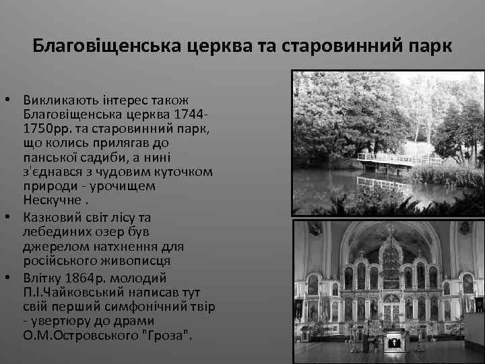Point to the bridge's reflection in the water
(384, 183)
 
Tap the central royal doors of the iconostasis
(391, 309)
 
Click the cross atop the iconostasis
(391, 232)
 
